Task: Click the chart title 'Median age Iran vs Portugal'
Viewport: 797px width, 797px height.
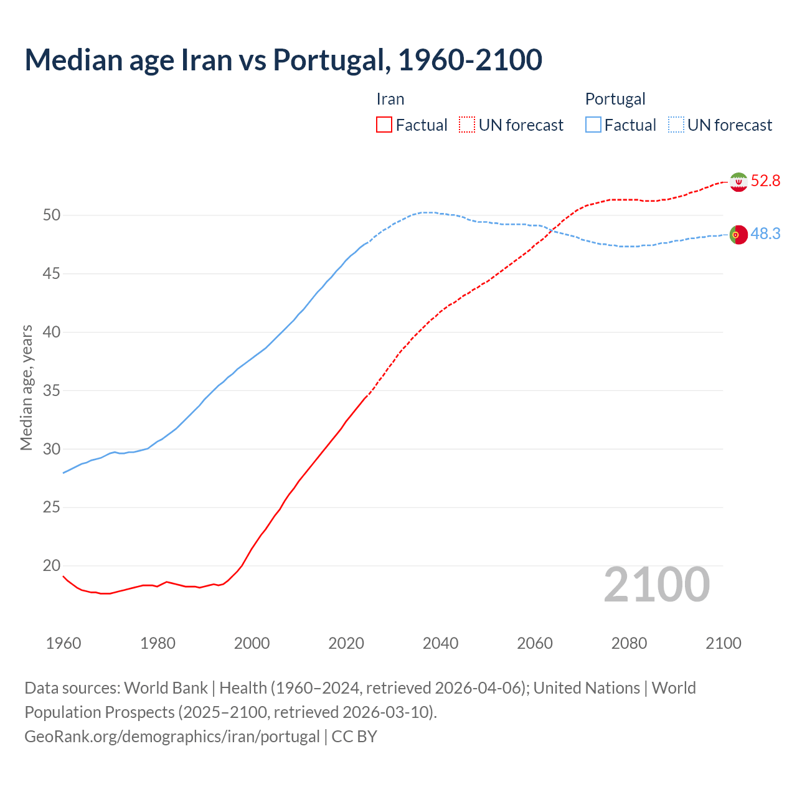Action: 283,60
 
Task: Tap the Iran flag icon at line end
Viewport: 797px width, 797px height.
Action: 738,182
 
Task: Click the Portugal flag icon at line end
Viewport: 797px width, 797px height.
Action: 738,235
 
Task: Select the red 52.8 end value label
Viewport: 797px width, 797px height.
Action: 765,181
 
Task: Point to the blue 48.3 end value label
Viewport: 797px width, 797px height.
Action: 765,234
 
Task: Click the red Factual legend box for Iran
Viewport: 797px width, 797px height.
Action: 384,125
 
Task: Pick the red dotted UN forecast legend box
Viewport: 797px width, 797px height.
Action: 467,125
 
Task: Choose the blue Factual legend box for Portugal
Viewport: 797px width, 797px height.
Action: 593,125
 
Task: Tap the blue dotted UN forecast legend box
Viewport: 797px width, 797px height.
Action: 676,125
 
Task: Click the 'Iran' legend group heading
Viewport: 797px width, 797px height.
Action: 390,99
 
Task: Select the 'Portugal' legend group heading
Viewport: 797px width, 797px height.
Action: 615,99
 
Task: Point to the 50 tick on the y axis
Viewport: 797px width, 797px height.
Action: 52,215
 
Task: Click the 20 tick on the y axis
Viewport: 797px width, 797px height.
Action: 52,566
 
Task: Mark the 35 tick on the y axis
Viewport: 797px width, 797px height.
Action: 52,391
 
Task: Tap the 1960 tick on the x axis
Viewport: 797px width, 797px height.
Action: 64,643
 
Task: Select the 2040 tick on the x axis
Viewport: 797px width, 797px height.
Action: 440,643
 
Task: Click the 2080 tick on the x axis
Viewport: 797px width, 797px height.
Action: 629,643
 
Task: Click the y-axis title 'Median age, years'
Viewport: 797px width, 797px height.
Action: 26,387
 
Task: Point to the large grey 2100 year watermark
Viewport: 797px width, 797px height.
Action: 657,585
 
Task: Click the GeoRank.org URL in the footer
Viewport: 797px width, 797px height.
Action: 172,737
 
